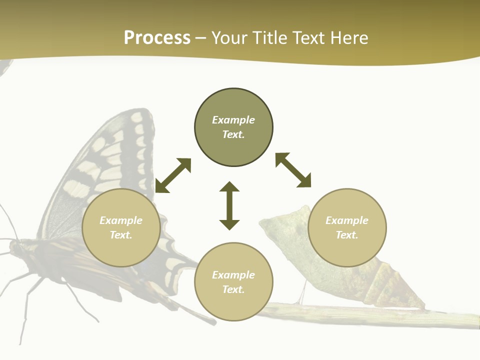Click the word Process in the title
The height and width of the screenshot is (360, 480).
pyautogui.click(x=157, y=38)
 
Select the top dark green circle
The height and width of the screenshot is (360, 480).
pyautogui.click(x=233, y=127)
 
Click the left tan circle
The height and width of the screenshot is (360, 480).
pyautogui.click(x=121, y=227)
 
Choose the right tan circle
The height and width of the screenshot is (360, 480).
pyautogui.click(x=347, y=227)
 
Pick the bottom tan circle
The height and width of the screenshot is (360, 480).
pyautogui.click(x=233, y=281)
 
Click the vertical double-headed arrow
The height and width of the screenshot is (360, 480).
pyautogui.click(x=229, y=205)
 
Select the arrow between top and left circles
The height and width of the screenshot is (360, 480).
pyautogui.click(x=173, y=175)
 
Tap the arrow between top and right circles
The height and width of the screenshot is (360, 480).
pyautogui.click(x=293, y=170)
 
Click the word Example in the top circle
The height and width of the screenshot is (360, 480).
pyautogui.click(x=233, y=120)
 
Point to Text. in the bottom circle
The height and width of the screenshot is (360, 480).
pyautogui.click(x=233, y=289)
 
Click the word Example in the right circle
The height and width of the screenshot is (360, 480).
pyautogui.click(x=347, y=220)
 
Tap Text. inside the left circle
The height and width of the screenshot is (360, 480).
pyautogui.click(x=121, y=235)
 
